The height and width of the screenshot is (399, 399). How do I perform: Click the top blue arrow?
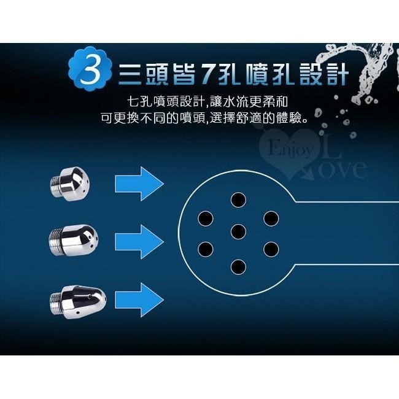point(139,183)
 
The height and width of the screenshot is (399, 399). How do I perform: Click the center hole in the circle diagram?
point(238,231)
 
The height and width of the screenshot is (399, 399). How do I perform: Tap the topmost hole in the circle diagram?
point(238,198)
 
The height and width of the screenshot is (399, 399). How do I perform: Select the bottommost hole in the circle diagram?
point(238,266)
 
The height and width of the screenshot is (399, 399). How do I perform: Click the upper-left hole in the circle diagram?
point(206,217)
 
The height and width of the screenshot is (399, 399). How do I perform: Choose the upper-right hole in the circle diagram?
point(271,217)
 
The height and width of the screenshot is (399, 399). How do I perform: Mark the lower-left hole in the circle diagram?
point(206,249)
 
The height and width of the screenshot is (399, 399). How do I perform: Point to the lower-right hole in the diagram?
point(271,249)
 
